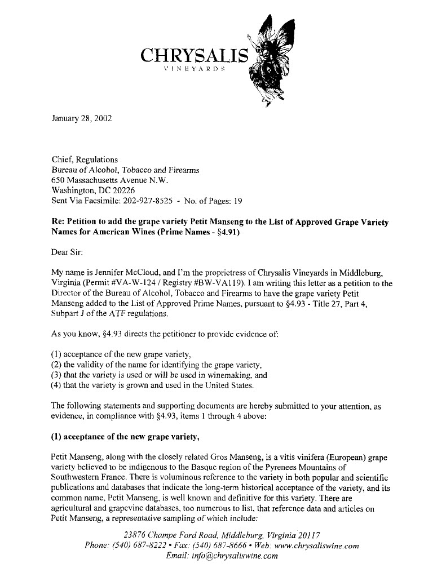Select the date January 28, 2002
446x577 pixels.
(82, 119)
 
